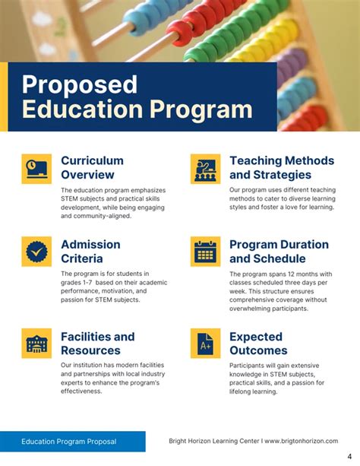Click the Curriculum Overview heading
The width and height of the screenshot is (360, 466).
coord(92,167)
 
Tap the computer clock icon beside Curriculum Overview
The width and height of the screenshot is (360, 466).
coord(36,168)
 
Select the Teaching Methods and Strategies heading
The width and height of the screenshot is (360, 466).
coord(281,167)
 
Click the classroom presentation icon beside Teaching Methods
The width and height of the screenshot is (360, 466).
coord(205,168)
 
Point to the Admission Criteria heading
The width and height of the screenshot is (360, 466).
coord(90,251)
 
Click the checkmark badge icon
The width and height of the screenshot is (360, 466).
coord(36,251)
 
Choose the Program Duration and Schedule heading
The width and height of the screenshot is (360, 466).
coord(279,251)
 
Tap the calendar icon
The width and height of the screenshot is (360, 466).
coord(205,251)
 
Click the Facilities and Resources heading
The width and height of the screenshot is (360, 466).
coord(97,343)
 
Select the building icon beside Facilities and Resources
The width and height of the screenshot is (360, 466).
coord(36,343)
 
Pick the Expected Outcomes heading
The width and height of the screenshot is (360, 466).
coord(258,343)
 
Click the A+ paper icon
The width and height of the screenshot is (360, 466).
coord(205,344)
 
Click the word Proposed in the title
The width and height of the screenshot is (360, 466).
coord(79,84)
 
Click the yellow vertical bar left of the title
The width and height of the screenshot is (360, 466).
coord(4,97)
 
